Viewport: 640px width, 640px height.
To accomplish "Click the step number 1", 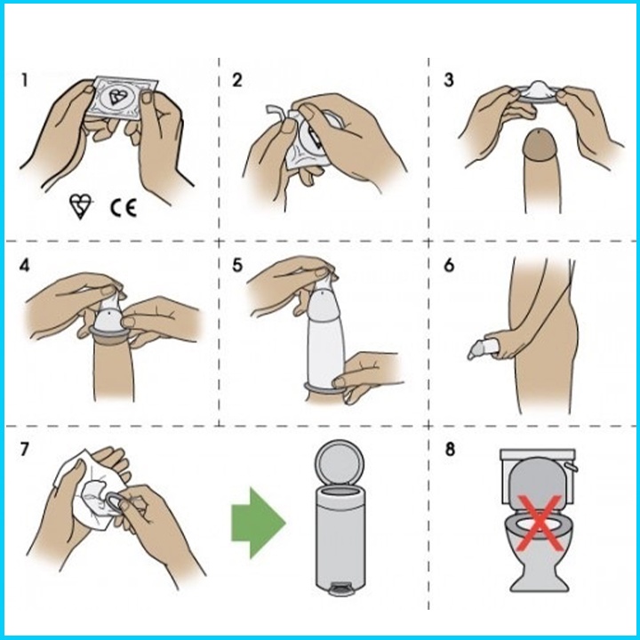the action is point(25,80).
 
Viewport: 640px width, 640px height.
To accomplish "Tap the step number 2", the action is point(236,80).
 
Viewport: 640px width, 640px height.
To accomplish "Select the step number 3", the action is point(449,80).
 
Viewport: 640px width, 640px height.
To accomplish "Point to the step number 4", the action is point(25,266).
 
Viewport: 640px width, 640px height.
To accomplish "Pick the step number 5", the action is point(237,265).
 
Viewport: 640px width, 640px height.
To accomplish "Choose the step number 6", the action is point(449,265).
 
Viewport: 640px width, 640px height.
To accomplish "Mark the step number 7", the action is point(25,450).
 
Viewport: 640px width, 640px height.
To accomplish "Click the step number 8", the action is point(450,450).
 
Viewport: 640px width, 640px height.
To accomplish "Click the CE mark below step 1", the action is point(124,208).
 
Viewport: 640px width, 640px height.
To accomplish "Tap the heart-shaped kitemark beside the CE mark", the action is point(80,205).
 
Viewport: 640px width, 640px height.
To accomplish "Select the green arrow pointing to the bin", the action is point(258,523).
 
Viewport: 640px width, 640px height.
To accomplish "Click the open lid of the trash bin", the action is point(340,462).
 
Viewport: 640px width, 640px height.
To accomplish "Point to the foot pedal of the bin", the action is point(340,589).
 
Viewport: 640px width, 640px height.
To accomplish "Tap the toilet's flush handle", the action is point(571,466).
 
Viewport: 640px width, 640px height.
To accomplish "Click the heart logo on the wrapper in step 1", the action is point(118,97).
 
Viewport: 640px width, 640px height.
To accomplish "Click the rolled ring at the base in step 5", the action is point(324,390).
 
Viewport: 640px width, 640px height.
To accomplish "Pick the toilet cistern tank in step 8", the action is point(538,476).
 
